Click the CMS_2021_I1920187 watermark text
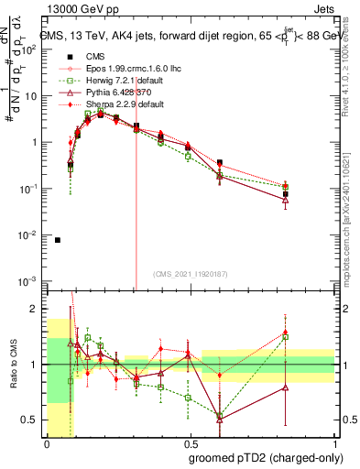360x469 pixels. [x=190, y=273]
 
